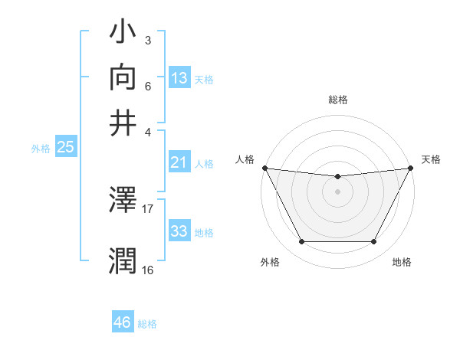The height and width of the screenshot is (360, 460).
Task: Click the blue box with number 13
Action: click(x=179, y=78)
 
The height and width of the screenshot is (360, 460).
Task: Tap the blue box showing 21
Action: click(x=179, y=162)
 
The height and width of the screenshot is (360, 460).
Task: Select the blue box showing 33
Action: click(x=179, y=231)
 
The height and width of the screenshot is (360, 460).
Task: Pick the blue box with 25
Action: click(x=65, y=148)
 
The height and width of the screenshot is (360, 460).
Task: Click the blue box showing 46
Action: click(x=123, y=322)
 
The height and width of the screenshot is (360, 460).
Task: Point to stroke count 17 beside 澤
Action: click(x=148, y=208)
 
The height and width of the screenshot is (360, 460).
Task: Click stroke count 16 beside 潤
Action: click(x=147, y=269)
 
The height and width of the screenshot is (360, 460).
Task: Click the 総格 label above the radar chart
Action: click(x=337, y=100)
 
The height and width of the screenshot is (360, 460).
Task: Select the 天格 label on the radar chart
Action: click(x=431, y=159)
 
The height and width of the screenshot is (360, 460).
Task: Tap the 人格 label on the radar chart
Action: click(x=245, y=159)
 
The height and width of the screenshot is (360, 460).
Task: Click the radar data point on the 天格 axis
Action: click(x=411, y=168)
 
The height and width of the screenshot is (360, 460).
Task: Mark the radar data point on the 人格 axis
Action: click(x=264, y=168)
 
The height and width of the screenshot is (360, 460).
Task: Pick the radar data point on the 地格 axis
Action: click(x=374, y=242)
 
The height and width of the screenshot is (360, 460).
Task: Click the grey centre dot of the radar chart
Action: click(x=337, y=191)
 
